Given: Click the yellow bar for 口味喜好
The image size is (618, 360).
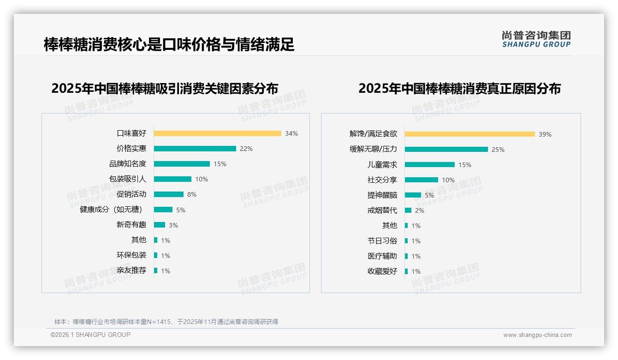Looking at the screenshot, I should [217, 133].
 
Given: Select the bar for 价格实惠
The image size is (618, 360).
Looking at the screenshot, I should [195, 149].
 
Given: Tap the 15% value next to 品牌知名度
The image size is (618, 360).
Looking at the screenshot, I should [220, 164].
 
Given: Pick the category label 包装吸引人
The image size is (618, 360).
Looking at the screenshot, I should [128, 179].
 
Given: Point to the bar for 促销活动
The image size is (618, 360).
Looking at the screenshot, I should [168, 194].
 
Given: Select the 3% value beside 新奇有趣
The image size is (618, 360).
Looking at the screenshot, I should [173, 225].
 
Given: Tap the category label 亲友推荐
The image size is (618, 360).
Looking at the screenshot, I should [131, 270].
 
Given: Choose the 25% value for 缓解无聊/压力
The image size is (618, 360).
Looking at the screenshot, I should [498, 150].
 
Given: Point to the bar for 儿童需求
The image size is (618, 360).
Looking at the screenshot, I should [429, 165].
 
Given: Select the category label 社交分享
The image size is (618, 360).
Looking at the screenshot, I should [382, 180].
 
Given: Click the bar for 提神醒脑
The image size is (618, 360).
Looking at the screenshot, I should [413, 195].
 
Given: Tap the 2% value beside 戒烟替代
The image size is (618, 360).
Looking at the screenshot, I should [420, 210].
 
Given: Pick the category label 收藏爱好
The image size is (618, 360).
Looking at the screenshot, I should [382, 271].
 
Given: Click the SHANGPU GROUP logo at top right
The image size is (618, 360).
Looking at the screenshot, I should [536, 39].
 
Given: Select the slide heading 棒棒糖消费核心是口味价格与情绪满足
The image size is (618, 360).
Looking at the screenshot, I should [169, 45].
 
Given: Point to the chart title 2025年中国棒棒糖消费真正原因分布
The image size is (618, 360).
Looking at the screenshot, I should [459, 89].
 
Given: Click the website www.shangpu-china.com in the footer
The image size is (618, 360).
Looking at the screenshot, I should [537, 335].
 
